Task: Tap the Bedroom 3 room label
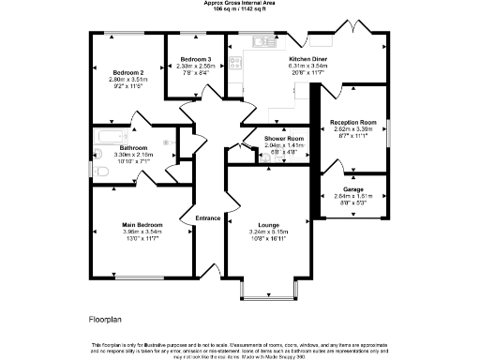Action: tap(195, 59)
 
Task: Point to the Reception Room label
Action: tap(354, 122)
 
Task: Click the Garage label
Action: tap(353, 188)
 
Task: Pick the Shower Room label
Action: tap(259, 139)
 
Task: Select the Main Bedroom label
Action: tap(142, 225)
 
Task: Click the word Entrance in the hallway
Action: tap(207, 218)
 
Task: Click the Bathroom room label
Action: tap(132, 147)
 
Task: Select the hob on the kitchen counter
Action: tap(234, 64)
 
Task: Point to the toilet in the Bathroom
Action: tap(102, 173)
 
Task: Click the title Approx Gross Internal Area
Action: tap(240, 3)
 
